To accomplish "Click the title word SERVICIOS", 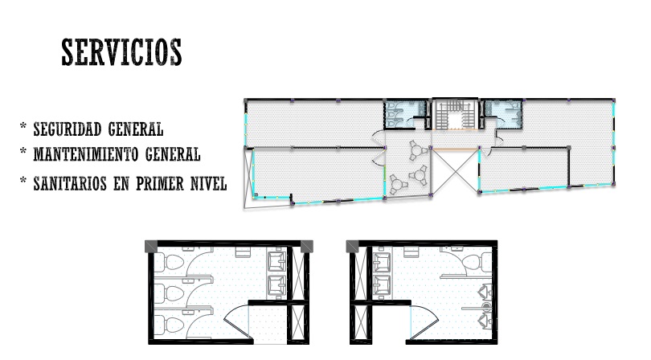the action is [x=121, y=52].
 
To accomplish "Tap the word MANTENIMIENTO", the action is [x=85, y=154].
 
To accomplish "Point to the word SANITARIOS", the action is [x=70, y=183].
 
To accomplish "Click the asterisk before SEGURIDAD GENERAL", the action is [x=23, y=126].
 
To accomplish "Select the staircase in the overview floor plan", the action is [x=456, y=114].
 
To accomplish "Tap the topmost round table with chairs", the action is [x=418, y=151].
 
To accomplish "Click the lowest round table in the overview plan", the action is [x=397, y=184].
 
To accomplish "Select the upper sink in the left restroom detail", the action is [x=276, y=261].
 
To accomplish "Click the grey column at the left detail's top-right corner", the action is [x=307, y=246].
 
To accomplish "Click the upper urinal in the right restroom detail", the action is [x=485, y=292].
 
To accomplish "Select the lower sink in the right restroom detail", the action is [x=382, y=286].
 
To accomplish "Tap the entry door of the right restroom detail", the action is [x=424, y=322].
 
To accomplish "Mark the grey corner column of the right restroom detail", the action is [x=353, y=246].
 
